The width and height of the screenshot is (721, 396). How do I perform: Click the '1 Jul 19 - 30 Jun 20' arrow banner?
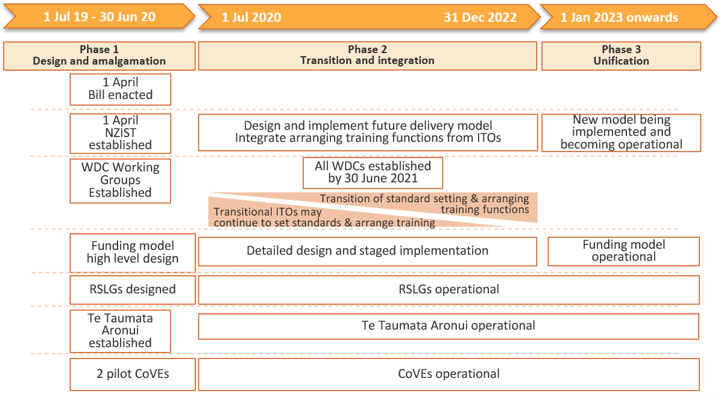99,17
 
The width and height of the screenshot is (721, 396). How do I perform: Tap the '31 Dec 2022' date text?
480,18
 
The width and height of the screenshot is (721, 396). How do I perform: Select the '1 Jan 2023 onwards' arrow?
628,17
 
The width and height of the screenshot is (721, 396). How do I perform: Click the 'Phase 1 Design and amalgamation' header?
99,56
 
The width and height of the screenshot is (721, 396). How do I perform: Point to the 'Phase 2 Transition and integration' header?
367,56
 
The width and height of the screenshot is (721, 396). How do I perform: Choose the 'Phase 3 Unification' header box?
621,56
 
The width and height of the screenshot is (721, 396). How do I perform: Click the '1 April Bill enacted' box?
121,89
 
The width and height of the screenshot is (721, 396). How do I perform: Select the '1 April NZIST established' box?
121,133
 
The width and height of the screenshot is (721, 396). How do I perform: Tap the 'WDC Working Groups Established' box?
121,180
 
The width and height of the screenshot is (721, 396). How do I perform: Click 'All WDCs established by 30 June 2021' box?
373,173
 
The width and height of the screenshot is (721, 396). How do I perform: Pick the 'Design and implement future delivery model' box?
368,133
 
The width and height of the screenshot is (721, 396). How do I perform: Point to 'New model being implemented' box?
621,133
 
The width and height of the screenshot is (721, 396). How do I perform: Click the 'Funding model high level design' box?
133,253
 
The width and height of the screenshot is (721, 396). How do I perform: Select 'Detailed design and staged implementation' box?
367,251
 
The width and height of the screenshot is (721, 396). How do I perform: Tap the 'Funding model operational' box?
623,251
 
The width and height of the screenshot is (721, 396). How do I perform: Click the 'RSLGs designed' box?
133,290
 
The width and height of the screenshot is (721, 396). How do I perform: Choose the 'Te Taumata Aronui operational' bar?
449,327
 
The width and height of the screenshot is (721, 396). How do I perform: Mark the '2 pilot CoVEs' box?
133,374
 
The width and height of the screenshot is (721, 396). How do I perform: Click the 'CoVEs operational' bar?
449,374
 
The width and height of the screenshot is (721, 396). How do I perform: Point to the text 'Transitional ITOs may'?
268,212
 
